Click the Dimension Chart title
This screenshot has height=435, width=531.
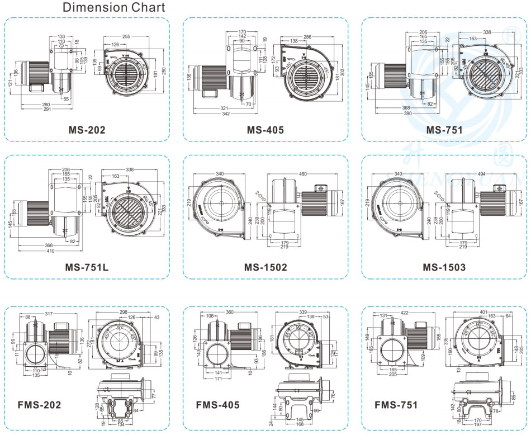coord(113,7)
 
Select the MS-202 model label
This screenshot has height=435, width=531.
coord(87,130)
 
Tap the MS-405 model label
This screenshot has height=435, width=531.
coord(265,130)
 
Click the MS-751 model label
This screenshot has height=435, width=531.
coord(444,130)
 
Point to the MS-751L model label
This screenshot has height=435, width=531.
coord(87,267)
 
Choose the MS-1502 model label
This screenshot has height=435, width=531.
coord(265,267)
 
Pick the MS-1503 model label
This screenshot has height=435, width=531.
coord(444,267)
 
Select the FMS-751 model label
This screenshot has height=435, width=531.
coord(397,404)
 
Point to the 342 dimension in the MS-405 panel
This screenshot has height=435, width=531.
coord(225,114)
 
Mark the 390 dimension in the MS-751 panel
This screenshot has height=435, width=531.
coord(407,114)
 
